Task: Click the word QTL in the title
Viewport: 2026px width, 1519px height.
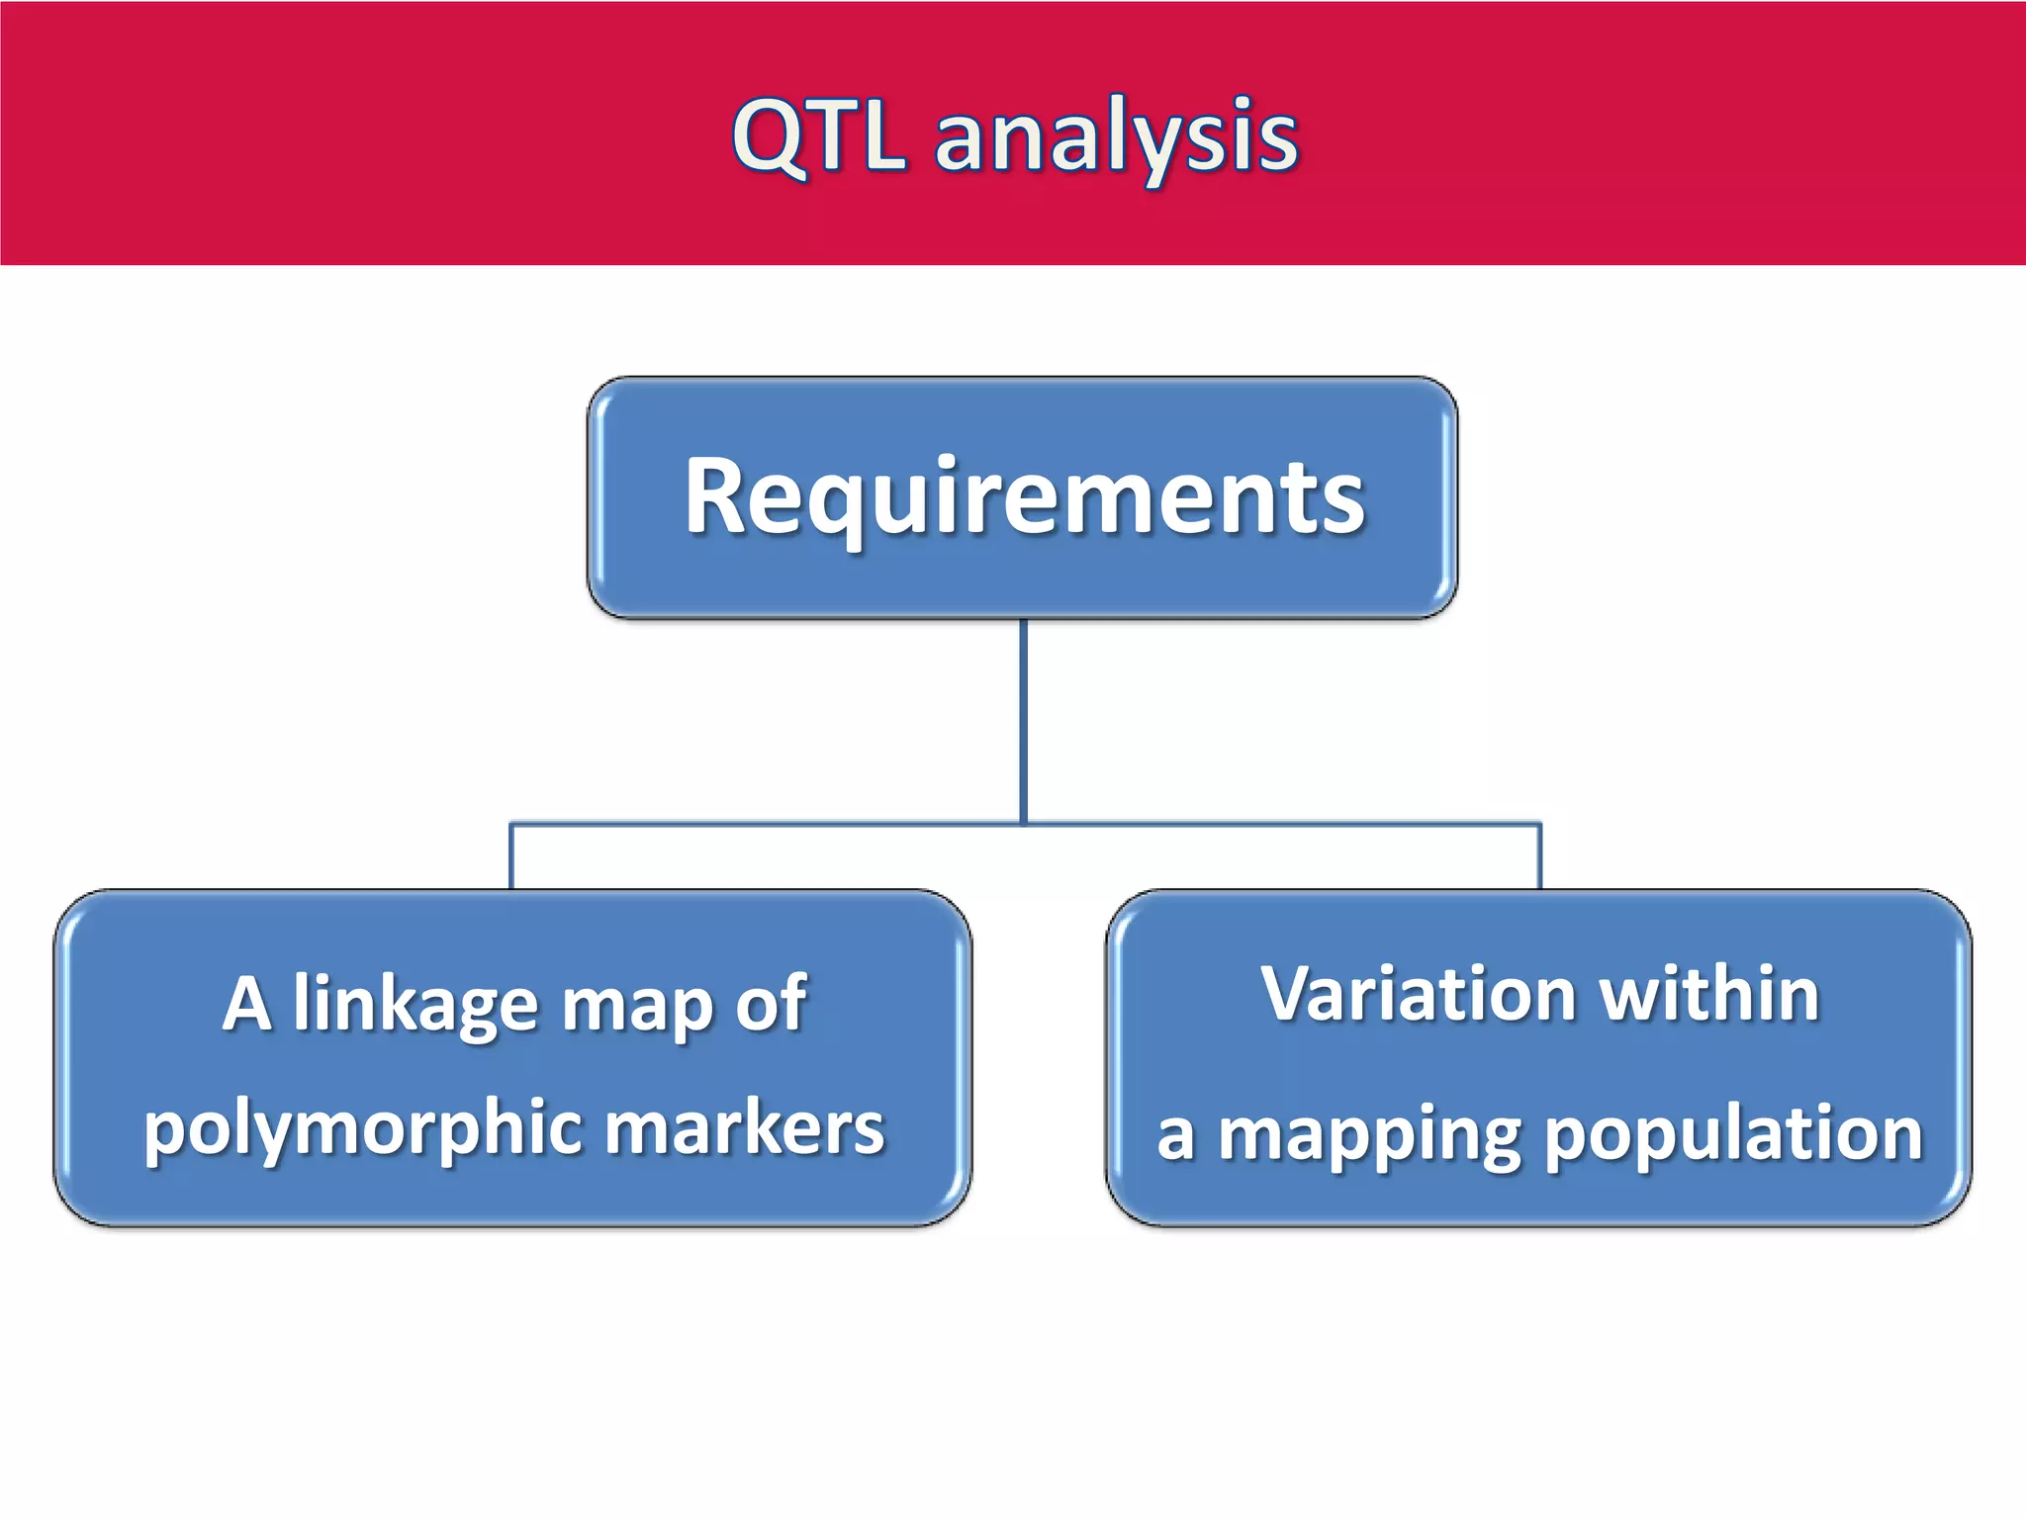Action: click(x=819, y=135)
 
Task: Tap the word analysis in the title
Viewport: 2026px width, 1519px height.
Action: click(x=1116, y=138)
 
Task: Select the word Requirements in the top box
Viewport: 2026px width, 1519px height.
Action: click(x=1024, y=496)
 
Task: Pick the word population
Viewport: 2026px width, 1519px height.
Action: click(x=1733, y=1135)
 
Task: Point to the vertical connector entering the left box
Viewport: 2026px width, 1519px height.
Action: click(x=511, y=856)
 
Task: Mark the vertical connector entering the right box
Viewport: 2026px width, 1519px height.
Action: click(x=1539, y=856)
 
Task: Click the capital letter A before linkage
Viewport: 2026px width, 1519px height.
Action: click(x=247, y=1004)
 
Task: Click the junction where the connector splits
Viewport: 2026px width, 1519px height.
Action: click(x=1023, y=823)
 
